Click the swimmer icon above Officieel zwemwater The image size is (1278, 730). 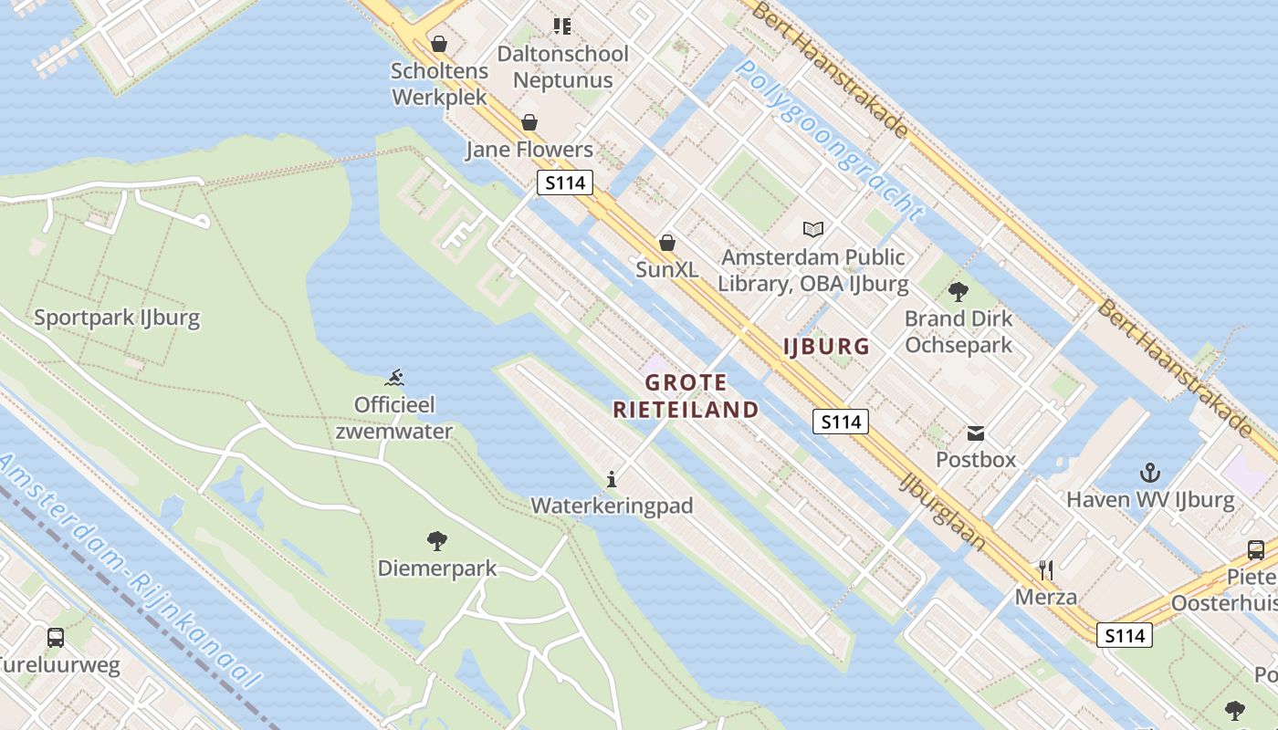pyautogui.click(x=394, y=378)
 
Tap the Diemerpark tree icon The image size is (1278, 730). pyautogui.click(x=437, y=541)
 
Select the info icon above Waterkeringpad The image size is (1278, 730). pyautogui.click(x=612, y=479)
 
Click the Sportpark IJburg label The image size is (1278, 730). pyautogui.click(x=117, y=318)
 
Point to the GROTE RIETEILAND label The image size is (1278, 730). pyautogui.click(x=686, y=396)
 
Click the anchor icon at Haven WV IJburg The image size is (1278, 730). pyautogui.click(x=1150, y=473)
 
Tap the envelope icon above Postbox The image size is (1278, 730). pyautogui.click(x=976, y=433)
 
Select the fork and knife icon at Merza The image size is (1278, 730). pyautogui.click(x=1046, y=570)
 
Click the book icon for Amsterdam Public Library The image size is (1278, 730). pyautogui.click(x=812, y=229)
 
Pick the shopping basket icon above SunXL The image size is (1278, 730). pyautogui.click(x=667, y=243)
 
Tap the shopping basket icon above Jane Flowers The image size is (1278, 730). pyautogui.click(x=529, y=122)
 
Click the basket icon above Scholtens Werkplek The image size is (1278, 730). pyautogui.click(x=439, y=44)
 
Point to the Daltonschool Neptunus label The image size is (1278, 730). pyautogui.click(x=562, y=67)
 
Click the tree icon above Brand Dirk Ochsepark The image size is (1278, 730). pyautogui.click(x=958, y=292)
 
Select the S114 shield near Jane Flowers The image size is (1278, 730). pyautogui.click(x=564, y=182)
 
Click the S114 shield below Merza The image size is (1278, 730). pyautogui.click(x=1125, y=635)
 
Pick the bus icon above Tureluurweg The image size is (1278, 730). pyautogui.click(x=56, y=638)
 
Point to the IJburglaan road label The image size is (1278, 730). pyautogui.click(x=942, y=511)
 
